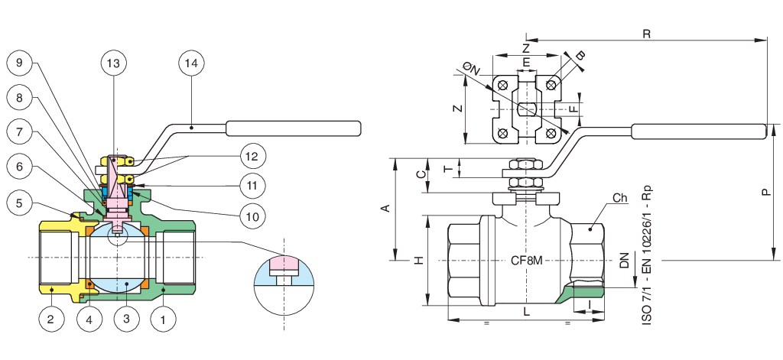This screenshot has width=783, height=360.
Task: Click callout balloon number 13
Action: coord(113,64)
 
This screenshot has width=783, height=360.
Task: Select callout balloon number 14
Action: coord(191,64)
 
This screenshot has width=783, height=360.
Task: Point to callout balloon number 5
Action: coord(21,203)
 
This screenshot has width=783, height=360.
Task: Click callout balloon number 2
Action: coord(50,319)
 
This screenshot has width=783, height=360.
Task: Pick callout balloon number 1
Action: coord(162,319)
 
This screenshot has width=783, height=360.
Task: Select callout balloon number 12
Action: coord(253,157)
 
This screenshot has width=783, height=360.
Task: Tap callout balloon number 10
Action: coord(253,216)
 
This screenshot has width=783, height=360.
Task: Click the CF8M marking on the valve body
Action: coord(526,261)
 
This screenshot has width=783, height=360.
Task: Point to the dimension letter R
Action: coord(647,34)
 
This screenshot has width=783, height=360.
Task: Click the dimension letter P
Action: coord(766,193)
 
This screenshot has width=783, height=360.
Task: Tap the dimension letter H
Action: coord(418,261)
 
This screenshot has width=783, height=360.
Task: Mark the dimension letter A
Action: coord(385,208)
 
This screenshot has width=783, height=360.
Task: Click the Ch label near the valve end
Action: coord(619,199)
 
